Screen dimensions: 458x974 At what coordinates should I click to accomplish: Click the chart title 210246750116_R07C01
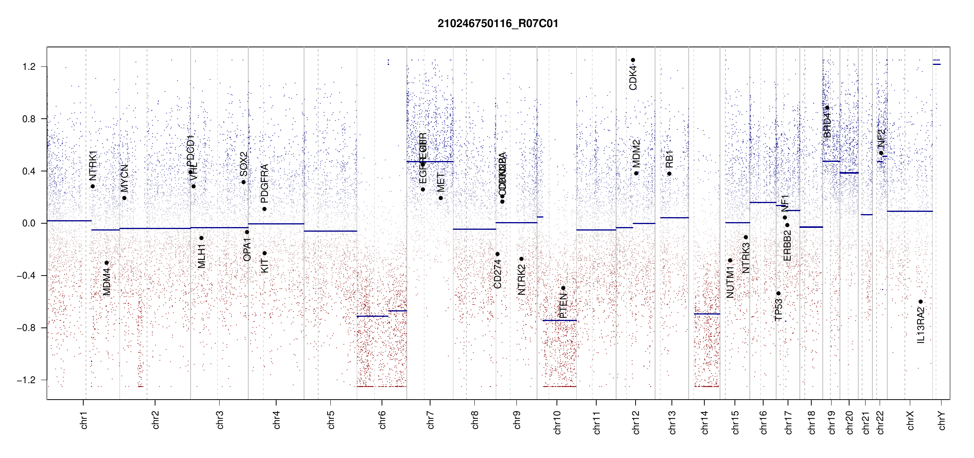point(498,24)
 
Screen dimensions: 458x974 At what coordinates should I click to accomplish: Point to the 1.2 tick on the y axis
point(29,67)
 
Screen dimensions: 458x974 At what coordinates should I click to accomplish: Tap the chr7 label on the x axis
point(430,420)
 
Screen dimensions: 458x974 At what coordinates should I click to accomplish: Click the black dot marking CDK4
point(633,60)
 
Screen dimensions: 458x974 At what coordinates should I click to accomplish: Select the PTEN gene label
point(563,306)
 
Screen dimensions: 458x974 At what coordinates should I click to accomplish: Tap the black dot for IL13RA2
point(921,302)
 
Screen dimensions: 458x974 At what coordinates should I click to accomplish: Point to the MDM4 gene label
point(107,282)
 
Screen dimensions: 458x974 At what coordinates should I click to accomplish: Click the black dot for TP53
point(778,293)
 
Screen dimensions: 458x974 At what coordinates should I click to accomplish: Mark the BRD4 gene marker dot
point(827,108)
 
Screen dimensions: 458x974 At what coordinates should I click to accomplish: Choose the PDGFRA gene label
point(264,183)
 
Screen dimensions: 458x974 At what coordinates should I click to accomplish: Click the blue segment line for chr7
point(430,161)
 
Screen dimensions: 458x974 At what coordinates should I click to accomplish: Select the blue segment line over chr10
point(560,320)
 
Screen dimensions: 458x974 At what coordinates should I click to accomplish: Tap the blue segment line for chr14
point(707,314)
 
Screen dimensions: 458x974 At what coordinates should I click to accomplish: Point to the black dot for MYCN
point(124,198)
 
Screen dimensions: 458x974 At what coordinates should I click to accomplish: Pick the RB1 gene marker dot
point(669,174)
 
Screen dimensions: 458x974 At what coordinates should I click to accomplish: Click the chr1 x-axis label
point(84,420)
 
